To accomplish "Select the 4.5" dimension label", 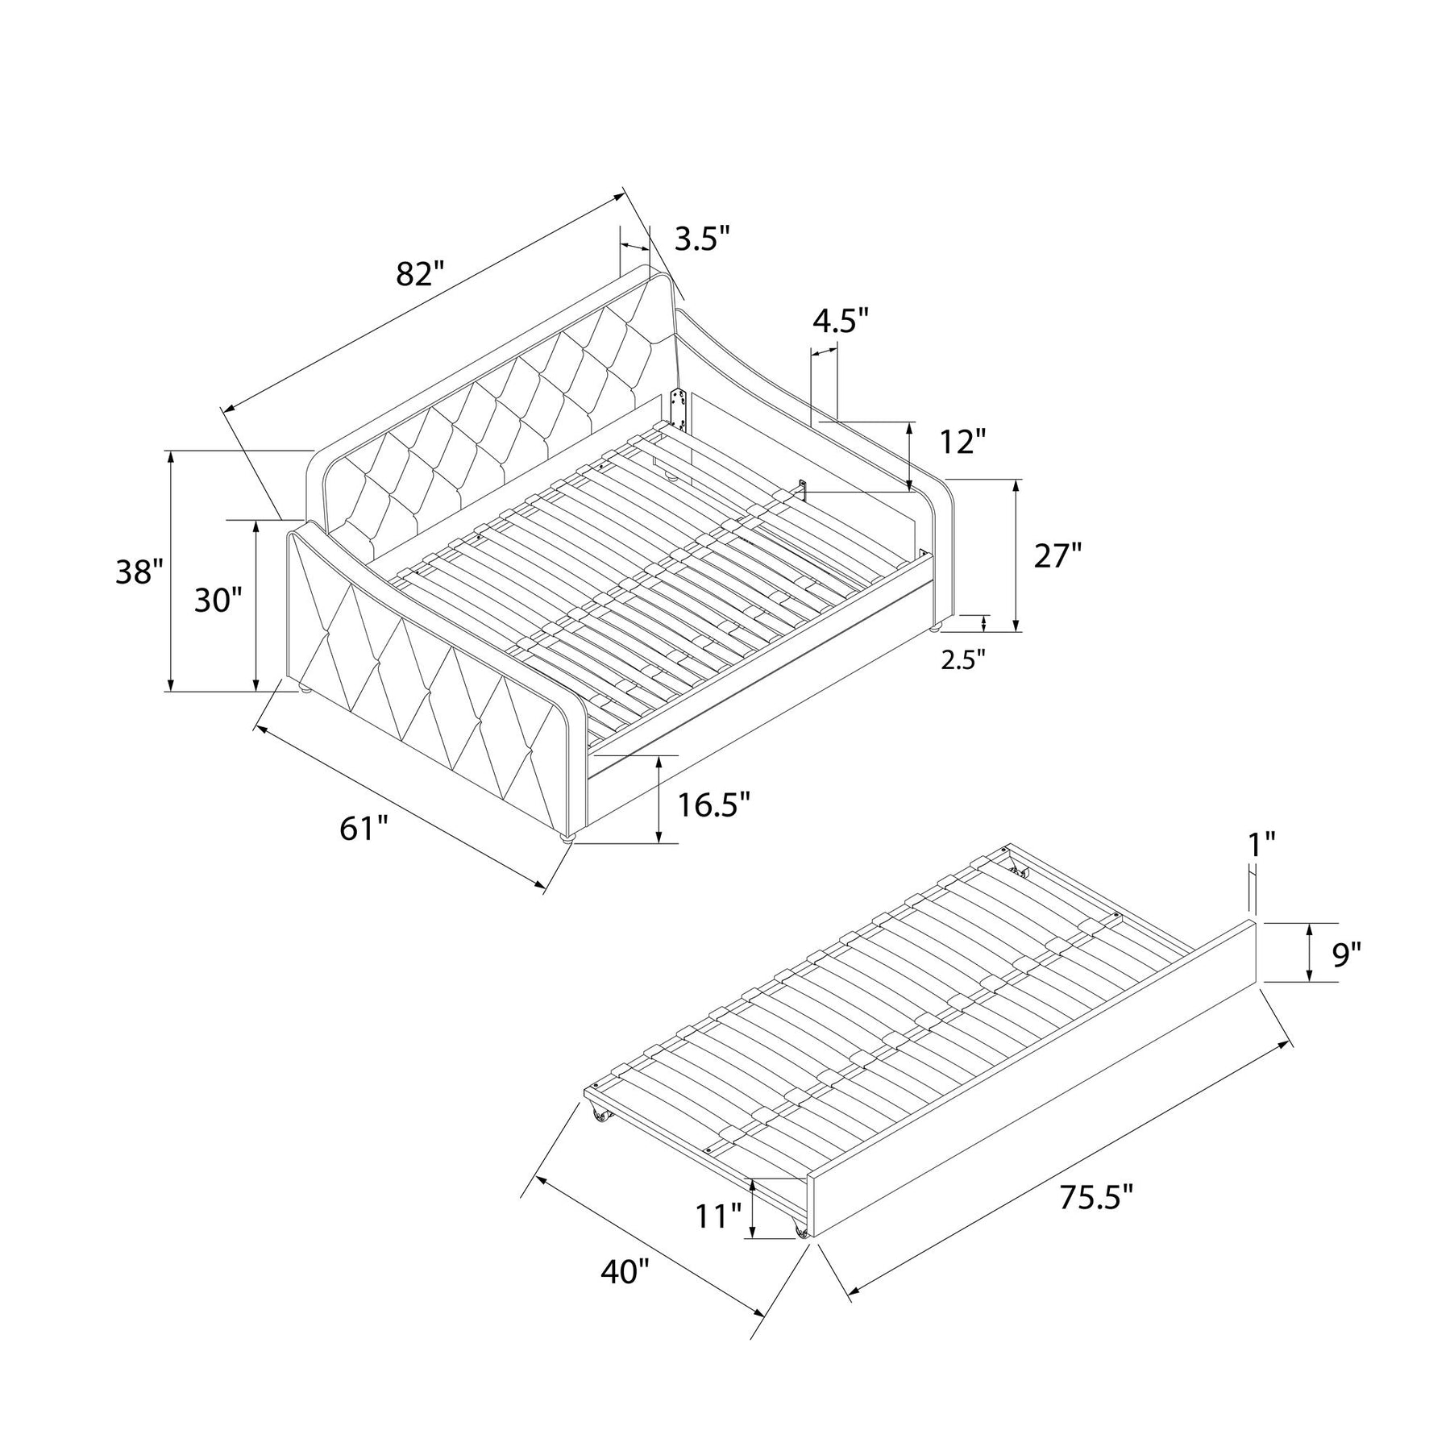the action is click(841, 320).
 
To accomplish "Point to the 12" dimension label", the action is click(962, 442).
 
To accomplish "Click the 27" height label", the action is click(1057, 556).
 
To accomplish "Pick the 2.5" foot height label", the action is click(963, 659).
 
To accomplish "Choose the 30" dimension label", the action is click(218, 601).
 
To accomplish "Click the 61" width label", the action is click(364, 829).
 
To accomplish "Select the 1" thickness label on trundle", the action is click(1261, 844).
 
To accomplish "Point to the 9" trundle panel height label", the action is click(1346, 954).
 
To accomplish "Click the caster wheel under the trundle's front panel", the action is click(801, 1253).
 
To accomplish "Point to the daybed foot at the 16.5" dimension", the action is click(567, 838).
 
